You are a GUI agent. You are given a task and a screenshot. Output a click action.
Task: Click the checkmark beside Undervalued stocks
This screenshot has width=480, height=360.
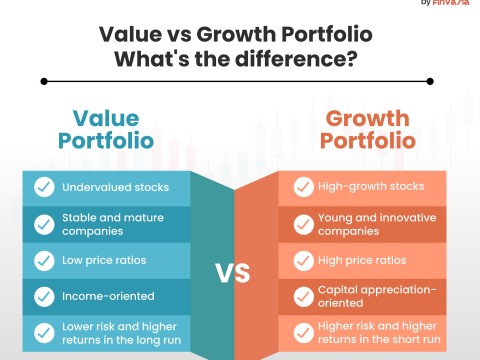pos(44,187)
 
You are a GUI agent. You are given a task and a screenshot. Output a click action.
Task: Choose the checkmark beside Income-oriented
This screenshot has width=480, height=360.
pos(44,297)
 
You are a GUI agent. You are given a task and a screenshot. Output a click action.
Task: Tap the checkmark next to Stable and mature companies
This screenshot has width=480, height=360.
pos(44,224)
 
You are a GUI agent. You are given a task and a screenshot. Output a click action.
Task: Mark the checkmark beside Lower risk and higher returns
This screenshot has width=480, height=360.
pos(44,334)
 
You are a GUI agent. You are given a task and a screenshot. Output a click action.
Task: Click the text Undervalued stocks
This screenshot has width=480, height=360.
pos(114,187)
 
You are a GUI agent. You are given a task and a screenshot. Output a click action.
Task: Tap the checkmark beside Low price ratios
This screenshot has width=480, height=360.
pos(44,260)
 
